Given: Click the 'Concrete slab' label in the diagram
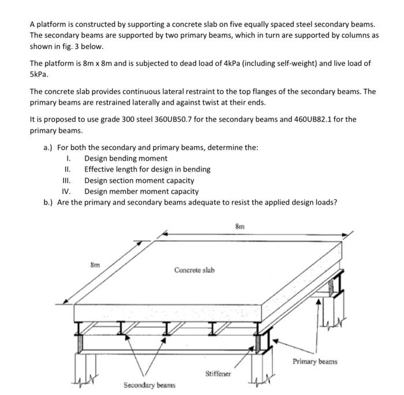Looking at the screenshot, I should [x=194, y=270].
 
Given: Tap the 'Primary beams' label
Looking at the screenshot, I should [x=315, y=362].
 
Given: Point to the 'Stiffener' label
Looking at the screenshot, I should [x=219, y=374].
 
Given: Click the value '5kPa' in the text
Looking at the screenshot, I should [x=39, y=74].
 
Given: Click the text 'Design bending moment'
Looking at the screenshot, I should [x=126, y=158].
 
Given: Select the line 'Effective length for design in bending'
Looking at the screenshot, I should [x=147, y=169].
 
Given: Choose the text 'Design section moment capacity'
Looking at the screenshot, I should [x=139, y=180].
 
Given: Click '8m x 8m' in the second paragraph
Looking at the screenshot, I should [x=100, y=64].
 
